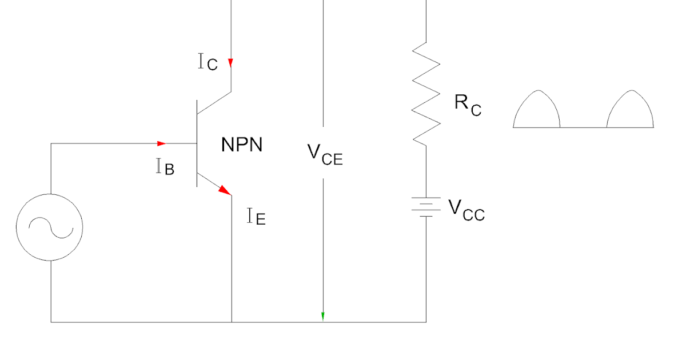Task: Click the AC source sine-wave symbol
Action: [50, 227]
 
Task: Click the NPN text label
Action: [242, 145]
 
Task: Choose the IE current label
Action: [256, 217]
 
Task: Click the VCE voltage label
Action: [325, 153]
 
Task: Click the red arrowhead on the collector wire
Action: [231, 63]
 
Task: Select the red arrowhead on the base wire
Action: [161, 143]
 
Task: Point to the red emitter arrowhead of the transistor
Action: [225, 190]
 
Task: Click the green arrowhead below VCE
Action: [323, 316]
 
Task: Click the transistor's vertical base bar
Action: [197, 143]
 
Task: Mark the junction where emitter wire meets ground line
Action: [232, 322]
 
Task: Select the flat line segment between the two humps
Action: [583, 127]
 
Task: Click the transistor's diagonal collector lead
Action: [214, 102]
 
